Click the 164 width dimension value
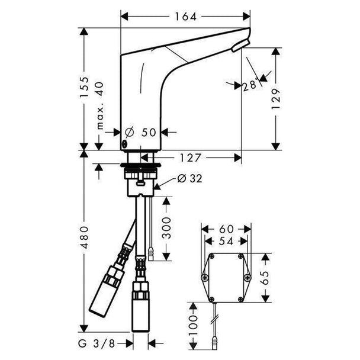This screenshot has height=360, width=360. (186, 17)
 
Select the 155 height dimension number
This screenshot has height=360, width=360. (84, 87)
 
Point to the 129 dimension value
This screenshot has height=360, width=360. (276, 99)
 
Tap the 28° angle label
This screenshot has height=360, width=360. (249, 85)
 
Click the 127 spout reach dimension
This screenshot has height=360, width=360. (190, 157)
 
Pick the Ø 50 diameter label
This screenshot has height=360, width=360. (140, 132)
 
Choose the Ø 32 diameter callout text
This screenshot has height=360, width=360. (190, 178)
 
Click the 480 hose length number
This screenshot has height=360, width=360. (84, 237)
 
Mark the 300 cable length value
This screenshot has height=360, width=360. (166, 228)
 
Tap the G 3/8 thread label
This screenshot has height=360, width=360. (97, 343)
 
